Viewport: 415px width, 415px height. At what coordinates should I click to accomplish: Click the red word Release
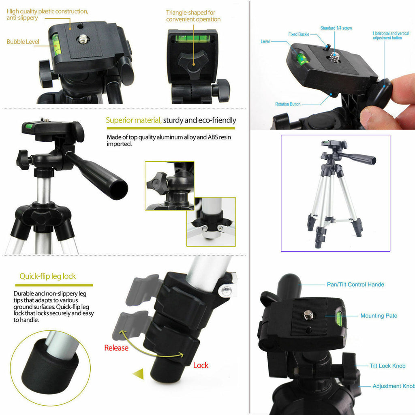click(116, 348)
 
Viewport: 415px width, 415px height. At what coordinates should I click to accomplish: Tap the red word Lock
click(201, 365)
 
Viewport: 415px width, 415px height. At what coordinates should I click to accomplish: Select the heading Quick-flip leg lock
click(48, 276)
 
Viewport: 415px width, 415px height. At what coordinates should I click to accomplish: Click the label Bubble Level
click(23, 42)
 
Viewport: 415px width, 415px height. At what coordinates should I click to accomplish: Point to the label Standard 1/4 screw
click(336, 28)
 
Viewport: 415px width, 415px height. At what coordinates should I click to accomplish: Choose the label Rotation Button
click(288, 104)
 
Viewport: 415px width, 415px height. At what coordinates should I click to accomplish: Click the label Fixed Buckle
click(299, 34)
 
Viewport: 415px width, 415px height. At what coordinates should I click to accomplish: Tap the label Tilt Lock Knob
click(387, 366)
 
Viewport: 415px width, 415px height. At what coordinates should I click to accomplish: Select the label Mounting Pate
click(379, 316)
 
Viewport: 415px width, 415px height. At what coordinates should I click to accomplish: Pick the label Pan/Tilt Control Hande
click(355, 285)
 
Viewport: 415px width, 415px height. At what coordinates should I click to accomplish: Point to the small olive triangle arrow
click(138, 373)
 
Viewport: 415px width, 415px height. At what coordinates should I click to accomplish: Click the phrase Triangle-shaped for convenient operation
click(193, 16)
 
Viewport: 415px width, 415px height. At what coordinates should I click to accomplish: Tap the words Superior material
click(134, 120)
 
